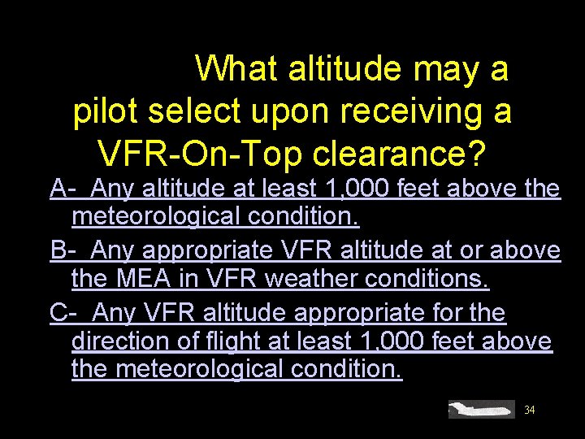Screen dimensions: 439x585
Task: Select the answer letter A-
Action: click(x=63, y=189)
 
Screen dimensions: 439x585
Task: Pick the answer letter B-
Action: click(x=63, y=251)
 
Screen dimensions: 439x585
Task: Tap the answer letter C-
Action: click(x=63, y=312)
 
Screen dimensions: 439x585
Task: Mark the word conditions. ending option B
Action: click(x=431, y=280)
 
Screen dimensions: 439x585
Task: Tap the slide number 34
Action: click(x=530, y=410)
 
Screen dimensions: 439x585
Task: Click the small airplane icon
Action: click(x=483, y=409)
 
